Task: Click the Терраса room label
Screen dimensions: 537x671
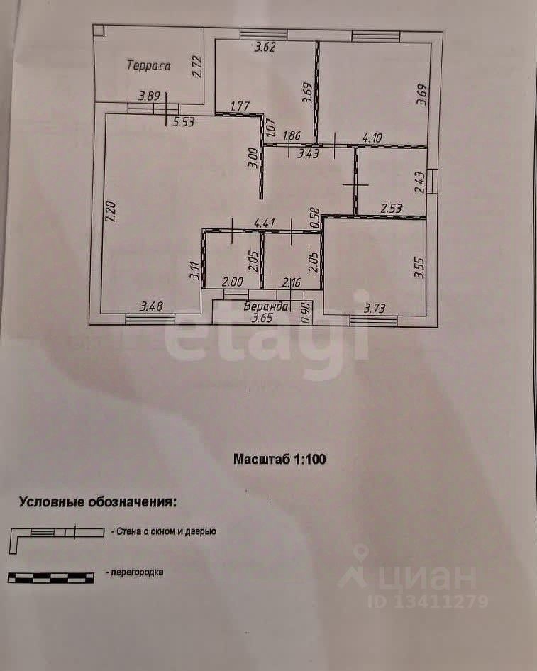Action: pos(148,65)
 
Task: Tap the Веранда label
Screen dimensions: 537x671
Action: pos(266,306)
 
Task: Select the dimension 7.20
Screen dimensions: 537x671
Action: pos(111,211)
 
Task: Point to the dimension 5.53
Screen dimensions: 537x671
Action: pos(183,123)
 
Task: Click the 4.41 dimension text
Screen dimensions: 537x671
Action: pos(265,223)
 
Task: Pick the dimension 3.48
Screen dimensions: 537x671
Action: pos(152,306)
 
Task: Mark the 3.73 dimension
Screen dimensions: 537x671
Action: pos(375,308)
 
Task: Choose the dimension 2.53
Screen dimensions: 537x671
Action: pos(391,209)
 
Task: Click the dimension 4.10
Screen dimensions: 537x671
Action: pos(372,138)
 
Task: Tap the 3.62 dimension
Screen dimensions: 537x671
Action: pos(265,47)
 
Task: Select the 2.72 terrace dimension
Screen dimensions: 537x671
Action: pos(197,67)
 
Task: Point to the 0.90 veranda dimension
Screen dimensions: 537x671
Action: pos(306,314)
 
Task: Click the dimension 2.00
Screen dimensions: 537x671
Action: pos(233,282)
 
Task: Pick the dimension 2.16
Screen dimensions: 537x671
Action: pos(291,282)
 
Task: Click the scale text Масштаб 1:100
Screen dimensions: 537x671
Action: pos(279,459)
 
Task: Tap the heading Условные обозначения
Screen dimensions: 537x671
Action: pos(98,501)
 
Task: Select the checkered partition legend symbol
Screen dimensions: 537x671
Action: pos(51,577)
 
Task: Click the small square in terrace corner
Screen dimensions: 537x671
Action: pos(99,30)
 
